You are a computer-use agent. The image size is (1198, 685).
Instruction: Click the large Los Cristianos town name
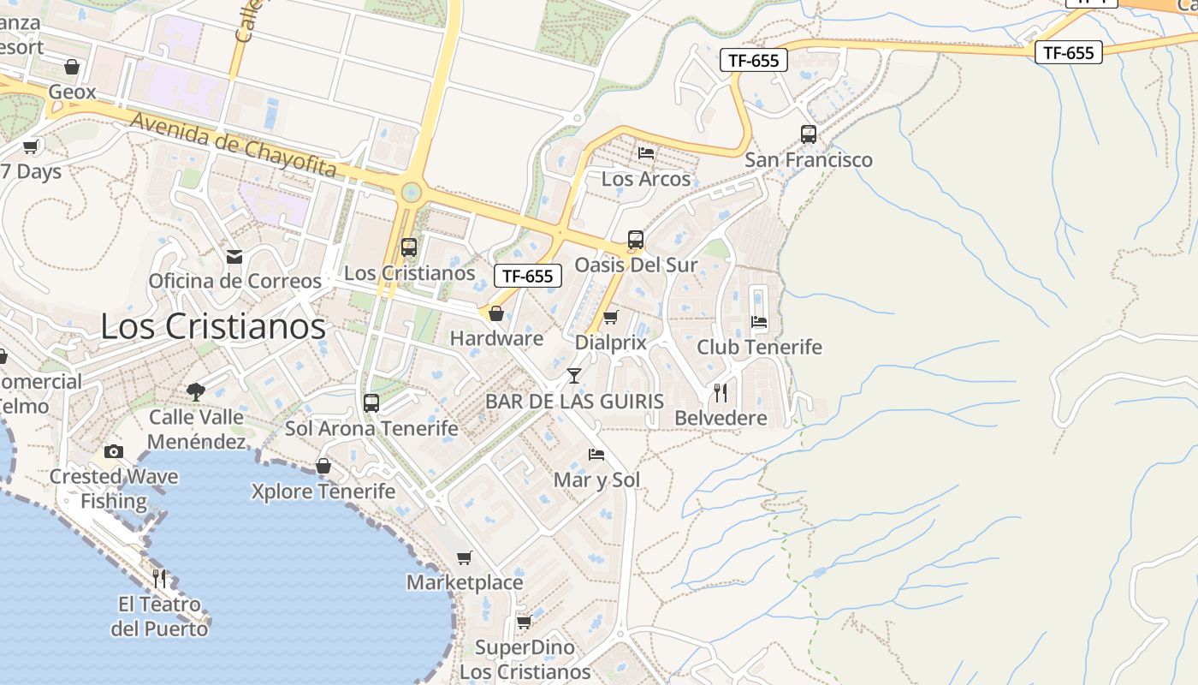tap(213, 326)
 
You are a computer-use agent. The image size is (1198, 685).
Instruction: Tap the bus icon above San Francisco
tap(809, 134)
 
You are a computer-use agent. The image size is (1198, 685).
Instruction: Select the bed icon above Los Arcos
tap(646, 152)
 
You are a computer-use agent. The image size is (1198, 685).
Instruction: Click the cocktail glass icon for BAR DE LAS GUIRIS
tap(573, 375)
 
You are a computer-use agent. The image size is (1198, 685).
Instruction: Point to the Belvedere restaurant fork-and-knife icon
tap(721, 392)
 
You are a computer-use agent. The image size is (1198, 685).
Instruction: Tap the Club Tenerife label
tap(759, 347)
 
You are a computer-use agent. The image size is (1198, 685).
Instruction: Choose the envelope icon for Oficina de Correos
tap(234, 256)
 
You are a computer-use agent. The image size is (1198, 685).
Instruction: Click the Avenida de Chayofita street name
tap(233, 146)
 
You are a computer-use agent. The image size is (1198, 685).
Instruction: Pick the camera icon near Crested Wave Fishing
tap(114, 451)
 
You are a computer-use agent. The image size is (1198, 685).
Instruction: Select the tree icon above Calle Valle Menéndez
tap(196, 391)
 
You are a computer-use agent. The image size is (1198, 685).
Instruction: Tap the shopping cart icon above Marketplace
tap(464, 557)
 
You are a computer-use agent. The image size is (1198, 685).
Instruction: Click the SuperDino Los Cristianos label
tap(525, 659)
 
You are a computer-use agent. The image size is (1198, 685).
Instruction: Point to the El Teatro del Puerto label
tap(160, 616)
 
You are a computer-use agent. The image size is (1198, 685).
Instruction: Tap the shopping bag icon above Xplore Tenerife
tap(323, 466)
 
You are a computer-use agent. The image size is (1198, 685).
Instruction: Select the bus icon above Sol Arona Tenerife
tap(371, 402)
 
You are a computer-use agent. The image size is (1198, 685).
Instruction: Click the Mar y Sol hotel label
tap(596, 479)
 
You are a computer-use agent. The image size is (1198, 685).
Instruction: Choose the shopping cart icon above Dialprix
tap(610, 317)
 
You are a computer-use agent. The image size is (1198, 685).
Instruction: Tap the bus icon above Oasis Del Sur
tap(635, 239)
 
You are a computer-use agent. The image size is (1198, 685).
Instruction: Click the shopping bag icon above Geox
tap(72, 67)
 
